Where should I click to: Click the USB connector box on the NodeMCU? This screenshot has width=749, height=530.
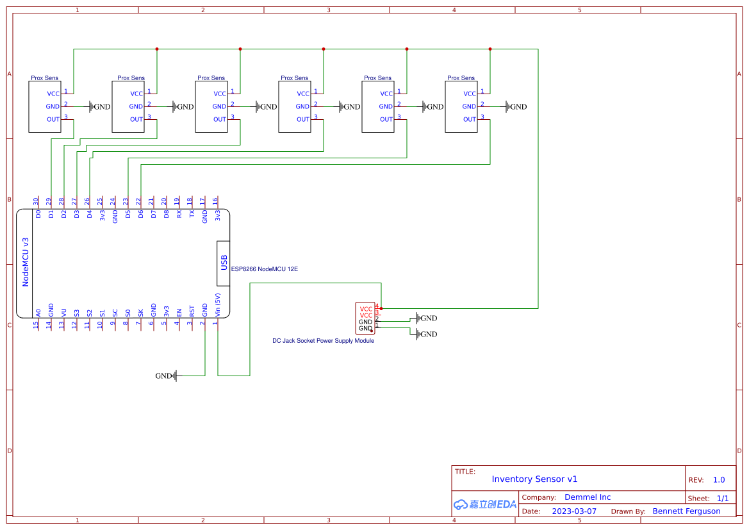224,263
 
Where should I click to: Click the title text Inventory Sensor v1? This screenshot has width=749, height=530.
534,479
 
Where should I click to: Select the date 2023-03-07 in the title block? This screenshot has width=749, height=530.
574,511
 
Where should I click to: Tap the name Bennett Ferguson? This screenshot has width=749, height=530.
686,511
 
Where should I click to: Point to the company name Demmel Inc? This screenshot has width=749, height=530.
588,497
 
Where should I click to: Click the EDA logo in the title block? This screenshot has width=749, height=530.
485,504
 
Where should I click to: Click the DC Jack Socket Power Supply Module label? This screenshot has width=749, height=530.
323,341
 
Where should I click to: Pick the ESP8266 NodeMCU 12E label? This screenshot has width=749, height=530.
264,269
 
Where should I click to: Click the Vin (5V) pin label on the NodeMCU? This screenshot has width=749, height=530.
218,304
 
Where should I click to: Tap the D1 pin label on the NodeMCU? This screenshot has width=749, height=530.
51,215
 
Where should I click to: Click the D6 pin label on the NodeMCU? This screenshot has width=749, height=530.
140,215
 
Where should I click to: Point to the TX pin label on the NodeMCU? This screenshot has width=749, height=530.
192,215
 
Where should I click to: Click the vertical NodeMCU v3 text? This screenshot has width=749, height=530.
26,261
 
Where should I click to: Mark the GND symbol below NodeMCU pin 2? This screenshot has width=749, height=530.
166,376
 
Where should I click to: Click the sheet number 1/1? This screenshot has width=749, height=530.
722,498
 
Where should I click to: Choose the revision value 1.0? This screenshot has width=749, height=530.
719,480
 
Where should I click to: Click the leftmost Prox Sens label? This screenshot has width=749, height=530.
44,78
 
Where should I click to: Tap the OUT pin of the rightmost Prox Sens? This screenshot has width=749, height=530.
470,119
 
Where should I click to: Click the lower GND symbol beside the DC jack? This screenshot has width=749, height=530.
426,334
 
